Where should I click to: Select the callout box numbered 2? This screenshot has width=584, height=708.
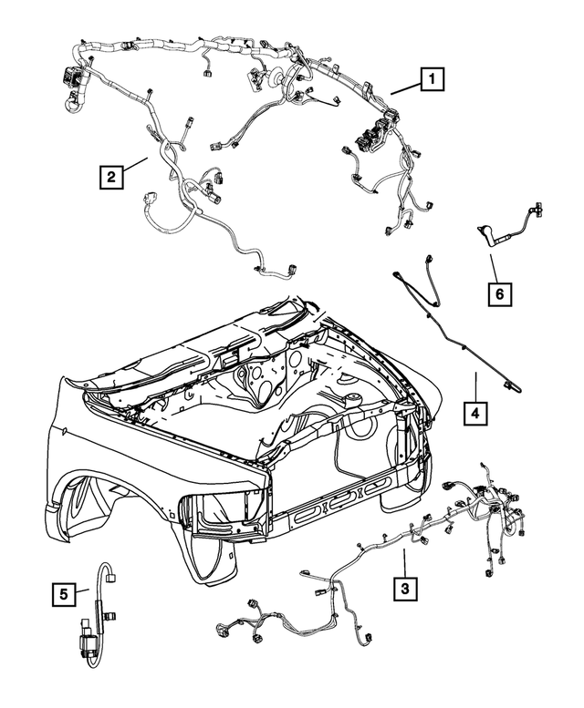click(x=109, y=176)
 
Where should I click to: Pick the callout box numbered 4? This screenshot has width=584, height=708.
click(x=474, y=413)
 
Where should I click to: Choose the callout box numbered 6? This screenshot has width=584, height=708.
click(x=499, y=294)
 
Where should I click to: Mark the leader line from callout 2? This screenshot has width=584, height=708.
click(x=136, y=165)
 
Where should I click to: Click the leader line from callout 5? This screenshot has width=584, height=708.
click(x=83, y=592)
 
